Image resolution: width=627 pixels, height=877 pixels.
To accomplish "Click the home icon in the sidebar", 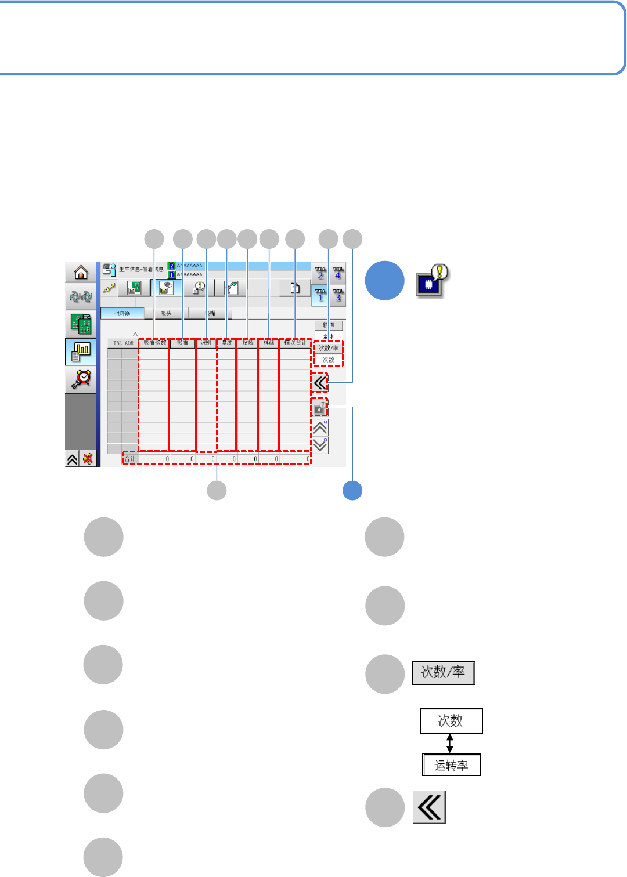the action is pyautogui.click(x=81, y=272).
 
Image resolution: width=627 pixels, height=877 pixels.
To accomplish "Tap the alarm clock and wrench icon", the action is pyautogui.click(x=81, y=379).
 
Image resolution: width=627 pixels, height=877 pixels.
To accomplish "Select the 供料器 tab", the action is pyautogui.click(x=122, y=313).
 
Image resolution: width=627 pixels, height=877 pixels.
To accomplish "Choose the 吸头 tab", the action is pyautogui.click(x=166, y=313).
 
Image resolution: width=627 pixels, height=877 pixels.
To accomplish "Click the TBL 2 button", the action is pyautogui.click(x=320, y=273).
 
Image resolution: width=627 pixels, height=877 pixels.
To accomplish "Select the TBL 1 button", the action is pyautogui.click(x=320, y=295).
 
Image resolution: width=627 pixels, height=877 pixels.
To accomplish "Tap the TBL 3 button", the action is pyautogui.click(x=338, y=295).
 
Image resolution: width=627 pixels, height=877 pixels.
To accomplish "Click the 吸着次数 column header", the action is pyautogui.click(x=154, y=343).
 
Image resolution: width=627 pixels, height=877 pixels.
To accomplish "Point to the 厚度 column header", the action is pyautogui.click(x=226, y=343).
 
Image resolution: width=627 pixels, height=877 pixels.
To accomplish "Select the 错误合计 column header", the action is pyautogui.click(x=295, y=343).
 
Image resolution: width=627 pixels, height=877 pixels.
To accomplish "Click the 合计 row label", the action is pyautogui.click(x=130, y=459).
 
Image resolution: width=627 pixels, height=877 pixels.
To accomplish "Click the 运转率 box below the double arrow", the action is pyautogui.click(x=451, y=765).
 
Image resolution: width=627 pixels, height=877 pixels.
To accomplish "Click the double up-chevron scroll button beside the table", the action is pyautogui.click(x=320, y=428).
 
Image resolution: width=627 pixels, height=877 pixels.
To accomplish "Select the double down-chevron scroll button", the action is pyautogui.click(x=320, y=445).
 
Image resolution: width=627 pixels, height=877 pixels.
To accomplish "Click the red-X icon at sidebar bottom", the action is pyautogui.click(x=88, y=459).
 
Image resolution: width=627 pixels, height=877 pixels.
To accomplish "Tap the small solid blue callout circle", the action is pyautogui.click(x=352, y=491).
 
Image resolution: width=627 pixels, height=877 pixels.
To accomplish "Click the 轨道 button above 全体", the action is pyautogui.click(x=329, y=325).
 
